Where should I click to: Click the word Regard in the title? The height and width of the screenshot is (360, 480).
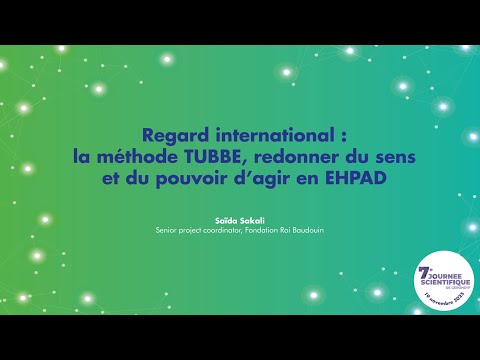[168, 137]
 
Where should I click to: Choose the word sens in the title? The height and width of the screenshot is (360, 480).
[385, 157]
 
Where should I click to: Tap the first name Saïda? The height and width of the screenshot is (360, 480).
[227, 219]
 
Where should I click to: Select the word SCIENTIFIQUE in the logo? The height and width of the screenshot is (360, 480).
[445, 284]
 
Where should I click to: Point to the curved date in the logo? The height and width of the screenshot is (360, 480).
[444, 298]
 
